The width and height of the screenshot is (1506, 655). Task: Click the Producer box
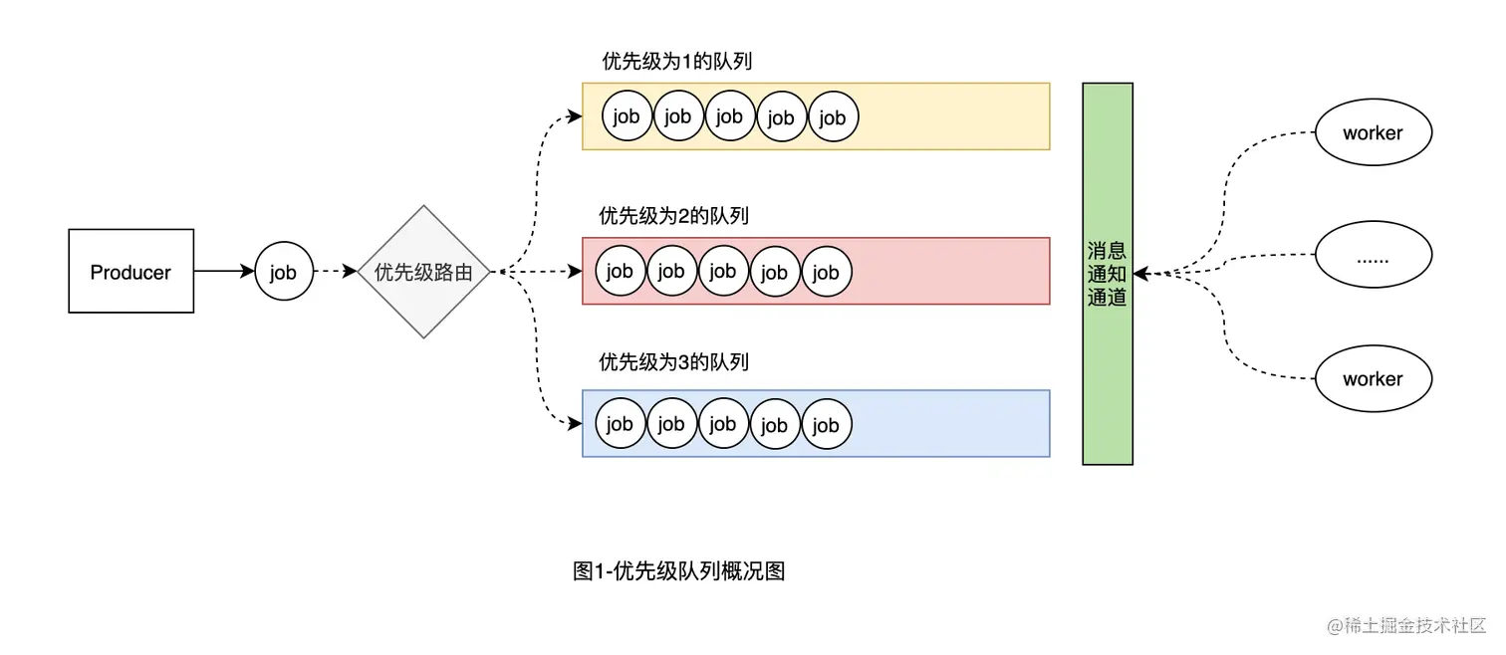[130, 272]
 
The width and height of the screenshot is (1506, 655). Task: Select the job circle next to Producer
[284, 272]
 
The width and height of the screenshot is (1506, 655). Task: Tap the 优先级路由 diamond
[423, 272]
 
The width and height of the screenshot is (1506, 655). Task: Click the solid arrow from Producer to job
[224, 271]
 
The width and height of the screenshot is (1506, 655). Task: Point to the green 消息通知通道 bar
[1108, 274]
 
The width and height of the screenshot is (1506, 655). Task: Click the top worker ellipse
[1373, 133]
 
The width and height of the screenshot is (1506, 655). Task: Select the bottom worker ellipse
[1373, 379]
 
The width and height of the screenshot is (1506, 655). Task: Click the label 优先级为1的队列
[676, 62]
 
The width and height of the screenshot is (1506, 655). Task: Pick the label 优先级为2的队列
[673, 216]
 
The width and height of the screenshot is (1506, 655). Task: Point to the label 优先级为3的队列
[673, 362]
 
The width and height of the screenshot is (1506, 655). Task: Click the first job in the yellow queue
[627, 116]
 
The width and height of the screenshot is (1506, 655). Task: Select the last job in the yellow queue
[833, 117]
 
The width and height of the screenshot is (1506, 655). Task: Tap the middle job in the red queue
[722, 271]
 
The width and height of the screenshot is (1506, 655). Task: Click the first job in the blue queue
[620, 424]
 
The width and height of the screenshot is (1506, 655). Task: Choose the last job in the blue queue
[826, 425]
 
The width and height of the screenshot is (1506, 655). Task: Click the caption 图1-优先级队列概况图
[679, 571]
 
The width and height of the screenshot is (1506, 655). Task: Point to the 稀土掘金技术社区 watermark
[1405, 626]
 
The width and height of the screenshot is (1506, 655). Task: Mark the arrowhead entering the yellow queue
[575, 116]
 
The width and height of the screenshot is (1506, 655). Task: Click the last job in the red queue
[826, 272]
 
